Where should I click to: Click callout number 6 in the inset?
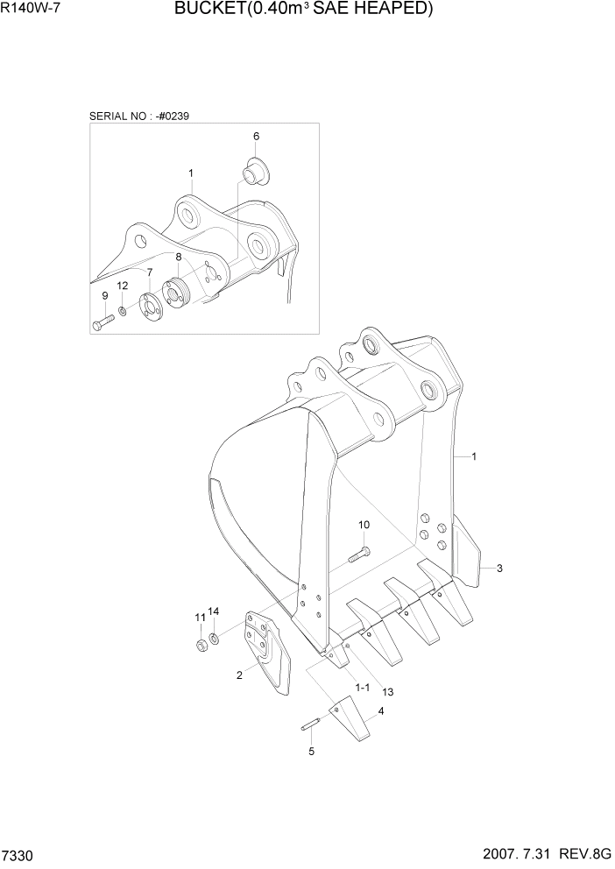[x=257, y=137]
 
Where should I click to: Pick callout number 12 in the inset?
[x=123, y=286]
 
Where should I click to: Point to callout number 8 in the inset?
[x=178, y=257]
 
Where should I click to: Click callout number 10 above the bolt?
[x=364, y=525]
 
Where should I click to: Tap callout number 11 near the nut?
[x=199, y=618]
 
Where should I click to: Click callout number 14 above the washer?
[x=214, y=611]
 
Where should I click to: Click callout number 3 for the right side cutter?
[x=499, y=569]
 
